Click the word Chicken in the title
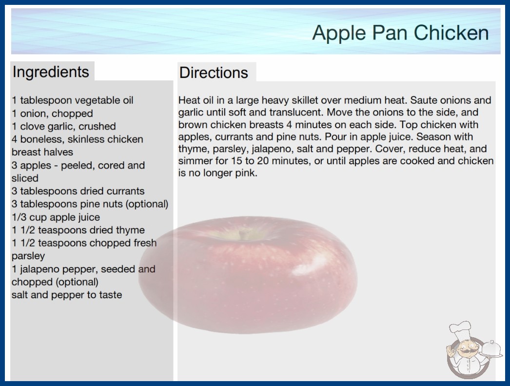(x=451, y=33)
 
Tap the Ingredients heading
(x=51, y=72)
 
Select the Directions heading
(x=214, y=73)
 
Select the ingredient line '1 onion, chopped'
(x=52, y=114)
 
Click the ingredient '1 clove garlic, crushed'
(x=64, y=126)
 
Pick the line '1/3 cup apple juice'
(x=56, y=217)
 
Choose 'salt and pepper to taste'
(x=67, y=295)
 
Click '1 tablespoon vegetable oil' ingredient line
(x=73, y=100)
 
